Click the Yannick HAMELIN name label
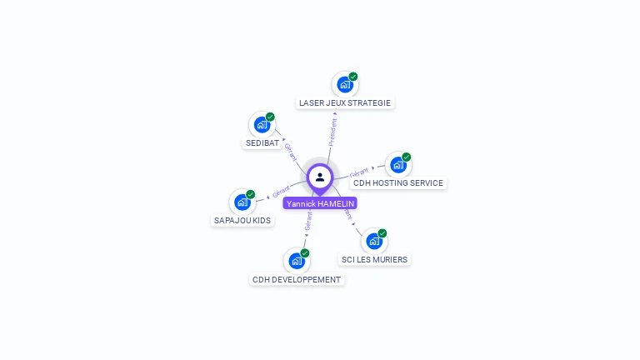320,203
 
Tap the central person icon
320,177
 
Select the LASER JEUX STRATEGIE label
344,103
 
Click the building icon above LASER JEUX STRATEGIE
344,84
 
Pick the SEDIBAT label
262,143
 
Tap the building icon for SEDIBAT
262,125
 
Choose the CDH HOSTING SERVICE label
398,183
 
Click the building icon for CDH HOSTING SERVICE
397,165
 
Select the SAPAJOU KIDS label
242,221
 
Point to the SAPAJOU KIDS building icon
242,202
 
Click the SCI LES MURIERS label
374,260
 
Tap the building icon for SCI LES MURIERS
373,241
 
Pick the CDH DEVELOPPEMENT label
296,280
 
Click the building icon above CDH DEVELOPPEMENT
296,261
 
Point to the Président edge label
332,132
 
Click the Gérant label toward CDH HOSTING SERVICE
359,172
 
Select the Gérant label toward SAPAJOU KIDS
281,192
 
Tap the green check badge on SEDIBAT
270,117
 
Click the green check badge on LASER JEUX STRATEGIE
352,76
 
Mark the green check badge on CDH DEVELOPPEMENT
304,252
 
